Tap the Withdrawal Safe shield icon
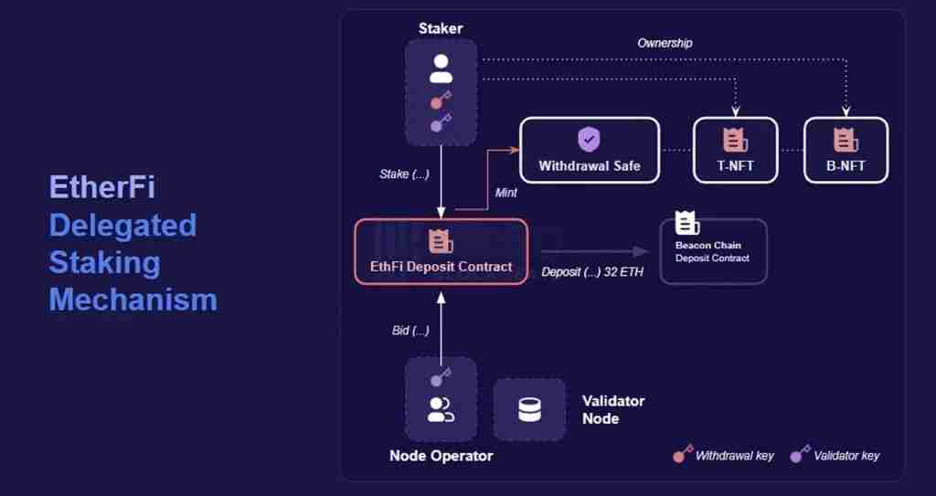[589, 140]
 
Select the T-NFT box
[735, 151]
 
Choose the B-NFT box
[845, 151]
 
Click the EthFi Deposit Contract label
[441, 267]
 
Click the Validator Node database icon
[529, 410]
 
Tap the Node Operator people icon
[441, 410]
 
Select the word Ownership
[665, 43]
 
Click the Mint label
[505, 193]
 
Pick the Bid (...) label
[410, 330]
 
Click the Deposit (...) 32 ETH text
[592, 271]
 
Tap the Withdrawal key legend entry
[724, 454]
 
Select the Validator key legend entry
[835, 454]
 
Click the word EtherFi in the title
[101, 188]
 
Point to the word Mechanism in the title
[133, 300]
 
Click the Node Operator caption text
[441, 456]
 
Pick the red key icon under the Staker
[440, 100]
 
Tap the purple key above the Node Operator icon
[440, 376]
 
